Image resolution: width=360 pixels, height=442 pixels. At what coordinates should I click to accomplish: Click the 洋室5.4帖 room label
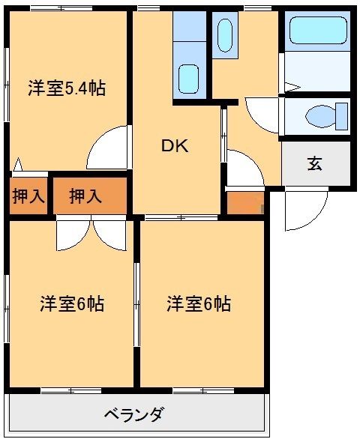click(66, 88)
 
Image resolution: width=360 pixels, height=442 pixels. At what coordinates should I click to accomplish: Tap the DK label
click(175, 147)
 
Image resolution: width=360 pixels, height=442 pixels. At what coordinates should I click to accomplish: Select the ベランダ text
click(133, 414)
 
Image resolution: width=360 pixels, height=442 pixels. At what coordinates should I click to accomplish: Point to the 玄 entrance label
click(315, 163)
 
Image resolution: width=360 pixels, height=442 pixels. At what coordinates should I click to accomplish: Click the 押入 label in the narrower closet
click(28, 196)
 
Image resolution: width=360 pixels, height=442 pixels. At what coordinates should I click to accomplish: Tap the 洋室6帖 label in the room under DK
click(198, 304)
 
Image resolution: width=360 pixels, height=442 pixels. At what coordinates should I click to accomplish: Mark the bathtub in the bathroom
click(316, 33)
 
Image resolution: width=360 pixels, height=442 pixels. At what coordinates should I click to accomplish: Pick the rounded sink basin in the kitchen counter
click(189, 77)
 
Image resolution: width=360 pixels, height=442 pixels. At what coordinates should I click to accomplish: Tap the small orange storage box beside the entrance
click(244, 202)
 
